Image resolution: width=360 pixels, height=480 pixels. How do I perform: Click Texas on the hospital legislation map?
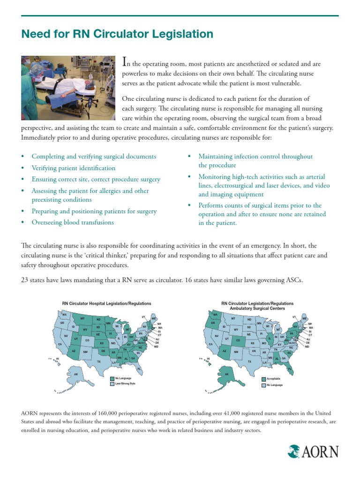(98, 361)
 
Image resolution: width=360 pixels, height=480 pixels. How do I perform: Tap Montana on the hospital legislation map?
(82, 319)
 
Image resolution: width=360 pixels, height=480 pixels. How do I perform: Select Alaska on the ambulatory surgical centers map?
(227, 374)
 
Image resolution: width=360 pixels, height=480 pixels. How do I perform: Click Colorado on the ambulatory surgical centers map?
(238, 341)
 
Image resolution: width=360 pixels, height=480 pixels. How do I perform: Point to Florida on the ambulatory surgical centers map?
(289, 369)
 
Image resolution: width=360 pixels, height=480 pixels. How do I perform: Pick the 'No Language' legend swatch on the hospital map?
(112, 378)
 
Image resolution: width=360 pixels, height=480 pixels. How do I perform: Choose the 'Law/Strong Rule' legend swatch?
(112, 383)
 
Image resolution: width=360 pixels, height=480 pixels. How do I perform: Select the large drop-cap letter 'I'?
(124, 61)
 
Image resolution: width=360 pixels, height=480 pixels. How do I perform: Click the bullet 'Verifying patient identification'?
(73, 168)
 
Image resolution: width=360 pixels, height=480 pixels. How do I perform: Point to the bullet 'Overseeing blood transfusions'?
(73, 222)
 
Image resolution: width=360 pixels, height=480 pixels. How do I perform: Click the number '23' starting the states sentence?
(25, 280)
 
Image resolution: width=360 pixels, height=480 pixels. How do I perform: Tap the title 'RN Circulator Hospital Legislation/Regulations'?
(107, 303)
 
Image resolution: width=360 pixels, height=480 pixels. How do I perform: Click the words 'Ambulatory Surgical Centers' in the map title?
(257, 308)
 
